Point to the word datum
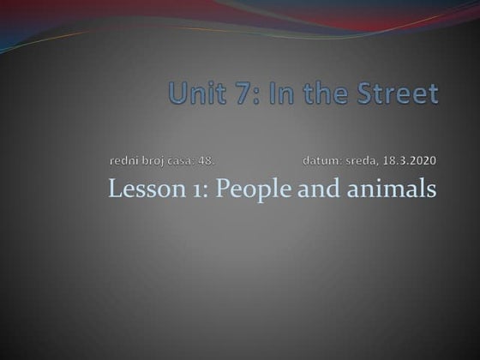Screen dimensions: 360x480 point(321,160)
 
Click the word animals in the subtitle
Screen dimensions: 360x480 point(388,188)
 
